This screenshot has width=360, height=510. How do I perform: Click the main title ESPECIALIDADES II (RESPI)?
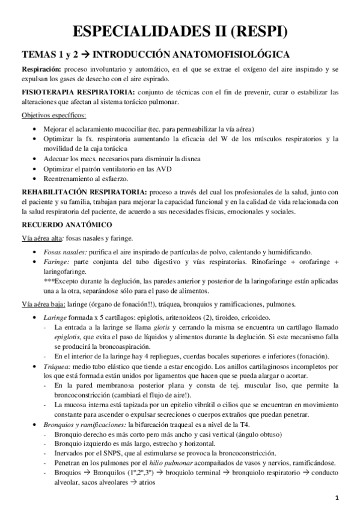coord(180,32)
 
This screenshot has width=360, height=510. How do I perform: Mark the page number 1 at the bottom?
coord(337,497)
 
